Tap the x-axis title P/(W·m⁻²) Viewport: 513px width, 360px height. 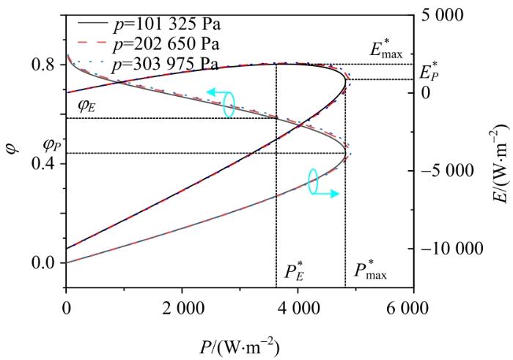(239, 344)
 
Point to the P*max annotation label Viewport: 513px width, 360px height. (371, 272)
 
